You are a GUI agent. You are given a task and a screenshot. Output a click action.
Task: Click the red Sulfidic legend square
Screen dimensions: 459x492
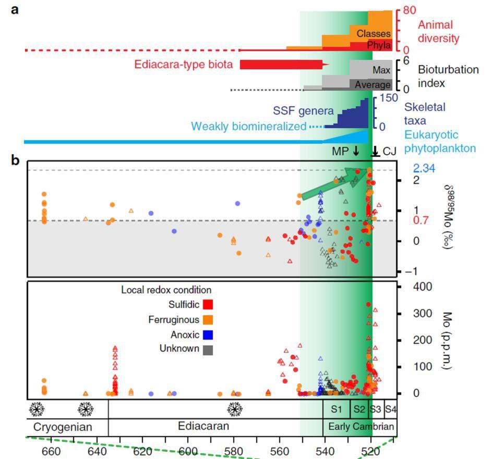click(206, 304)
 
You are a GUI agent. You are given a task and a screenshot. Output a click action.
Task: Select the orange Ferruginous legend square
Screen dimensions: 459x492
click(206, 320)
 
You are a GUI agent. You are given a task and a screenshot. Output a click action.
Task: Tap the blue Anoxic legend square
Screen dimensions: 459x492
click(206, 334)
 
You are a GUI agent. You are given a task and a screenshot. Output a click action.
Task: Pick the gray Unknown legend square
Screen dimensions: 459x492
click(206, 349)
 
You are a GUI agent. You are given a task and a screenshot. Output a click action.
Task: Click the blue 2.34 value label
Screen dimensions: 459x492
click(424, 168)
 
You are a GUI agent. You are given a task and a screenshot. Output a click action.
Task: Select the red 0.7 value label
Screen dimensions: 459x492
click(420, 220)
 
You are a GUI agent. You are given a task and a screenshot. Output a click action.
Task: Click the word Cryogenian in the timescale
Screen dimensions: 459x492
click(63, 427)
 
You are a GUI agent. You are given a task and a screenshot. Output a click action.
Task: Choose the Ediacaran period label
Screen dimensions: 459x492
click(203, 426)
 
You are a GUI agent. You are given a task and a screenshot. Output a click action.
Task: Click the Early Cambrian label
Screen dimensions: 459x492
click(359, 427)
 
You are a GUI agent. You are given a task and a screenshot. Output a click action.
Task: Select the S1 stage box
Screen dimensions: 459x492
click(337, 409)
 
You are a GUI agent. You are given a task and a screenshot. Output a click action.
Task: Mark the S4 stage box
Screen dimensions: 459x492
click(390, 409)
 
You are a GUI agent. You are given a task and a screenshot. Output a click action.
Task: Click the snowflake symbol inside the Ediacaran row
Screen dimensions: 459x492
click(235, 410)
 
